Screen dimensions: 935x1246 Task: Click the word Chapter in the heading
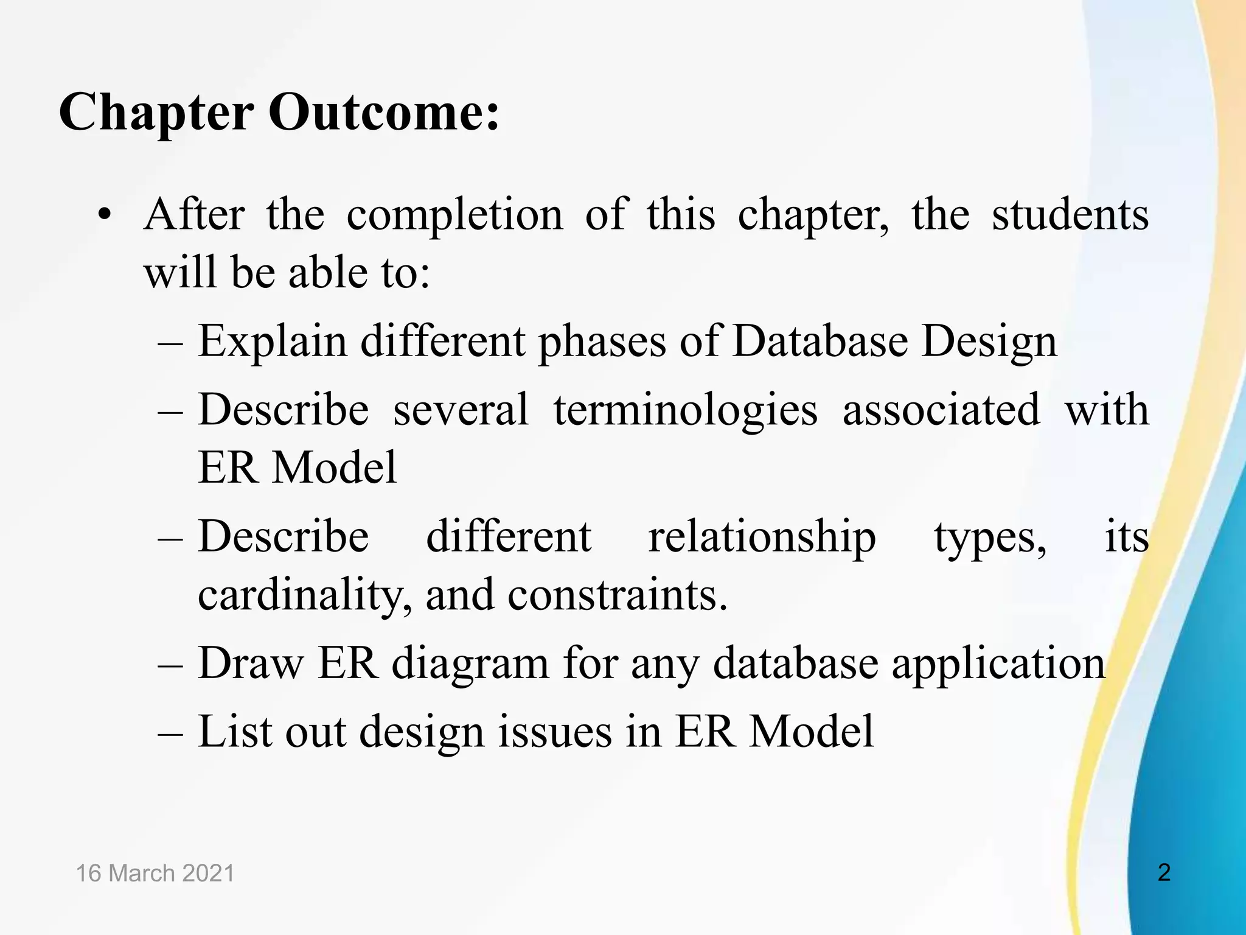point(156,113)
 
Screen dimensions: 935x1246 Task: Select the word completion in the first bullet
point(454,215)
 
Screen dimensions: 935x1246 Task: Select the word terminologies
point(685,410)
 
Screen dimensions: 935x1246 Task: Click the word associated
point(941,409)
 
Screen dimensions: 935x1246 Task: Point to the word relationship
point(762,538)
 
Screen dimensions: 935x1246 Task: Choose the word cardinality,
point(304,595)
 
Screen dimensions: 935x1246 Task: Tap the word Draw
point(251,663)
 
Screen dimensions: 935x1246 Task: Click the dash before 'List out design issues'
point(170,733)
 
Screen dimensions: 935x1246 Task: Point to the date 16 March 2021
point(155,874)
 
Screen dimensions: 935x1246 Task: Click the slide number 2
point(1164,873)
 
